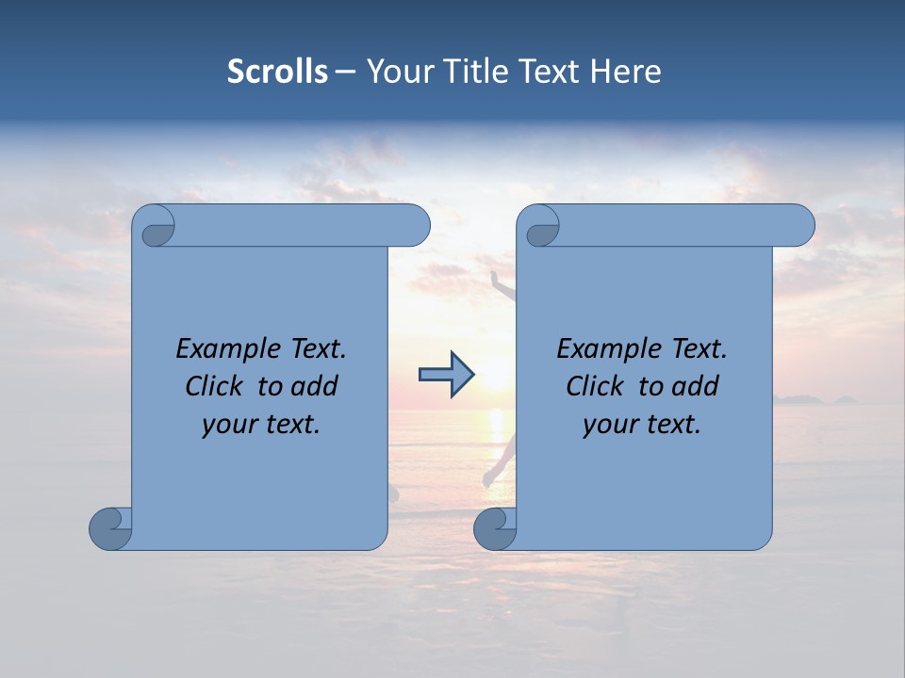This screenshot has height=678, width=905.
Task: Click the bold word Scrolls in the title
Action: pos(277,72)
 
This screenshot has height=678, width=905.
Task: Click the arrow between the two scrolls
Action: pos(446,375)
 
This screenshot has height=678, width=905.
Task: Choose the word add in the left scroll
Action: pos(314,386)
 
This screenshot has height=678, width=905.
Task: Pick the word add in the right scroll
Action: pos(695,386)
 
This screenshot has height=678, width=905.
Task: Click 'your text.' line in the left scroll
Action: pos(261,424)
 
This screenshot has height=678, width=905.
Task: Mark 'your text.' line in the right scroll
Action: pos(642,424)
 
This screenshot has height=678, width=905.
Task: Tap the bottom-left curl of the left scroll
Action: pos(109,528)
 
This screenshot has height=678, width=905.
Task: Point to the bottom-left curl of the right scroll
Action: pos(494,528)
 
